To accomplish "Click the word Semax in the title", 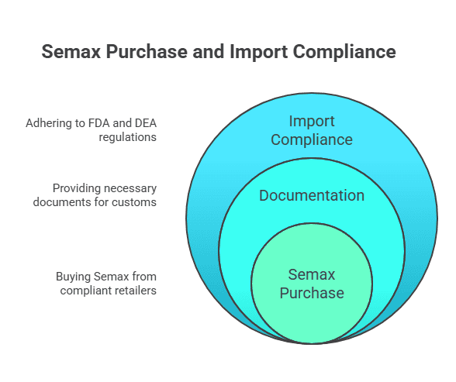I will (70, 52).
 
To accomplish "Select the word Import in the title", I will (253, 52).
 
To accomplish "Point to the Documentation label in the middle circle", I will (311, 195).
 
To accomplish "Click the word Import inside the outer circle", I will (311, 122).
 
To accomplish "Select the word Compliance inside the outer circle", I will (311, 140).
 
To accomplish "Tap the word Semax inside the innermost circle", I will (311, 274).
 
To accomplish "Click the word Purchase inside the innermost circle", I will (311, 293).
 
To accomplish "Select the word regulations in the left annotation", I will (127, 136).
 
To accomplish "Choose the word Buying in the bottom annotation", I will (74, 277).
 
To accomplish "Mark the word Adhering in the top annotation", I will (47, 122).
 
